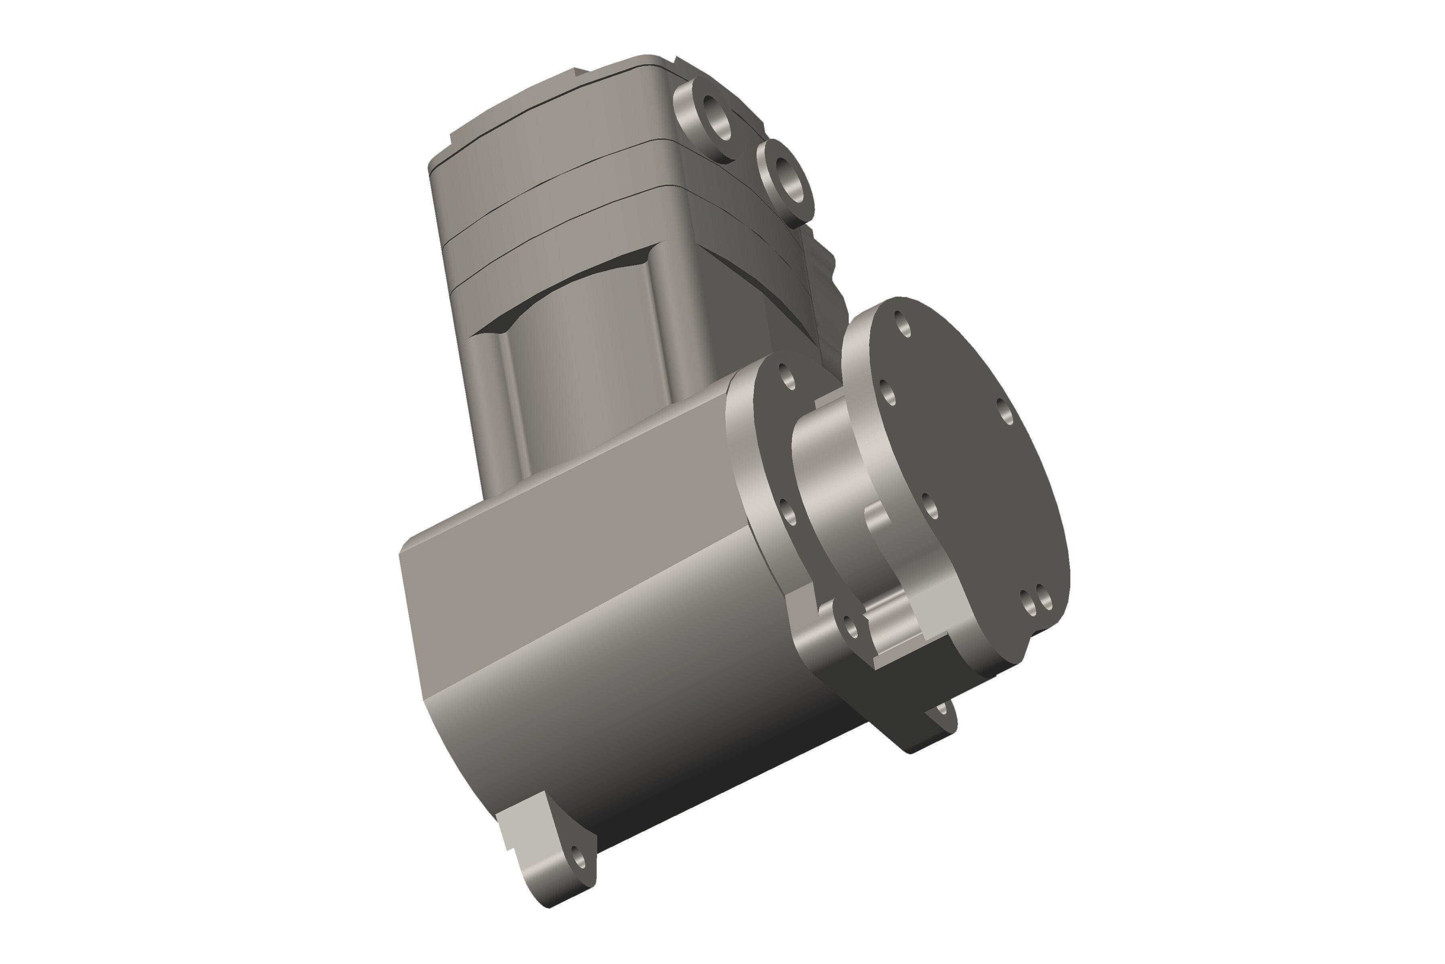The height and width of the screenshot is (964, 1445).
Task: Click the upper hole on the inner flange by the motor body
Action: (787, 376)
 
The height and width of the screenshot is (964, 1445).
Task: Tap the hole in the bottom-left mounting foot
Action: (578, 856)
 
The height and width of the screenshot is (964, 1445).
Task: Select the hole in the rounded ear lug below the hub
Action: (851, 628)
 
